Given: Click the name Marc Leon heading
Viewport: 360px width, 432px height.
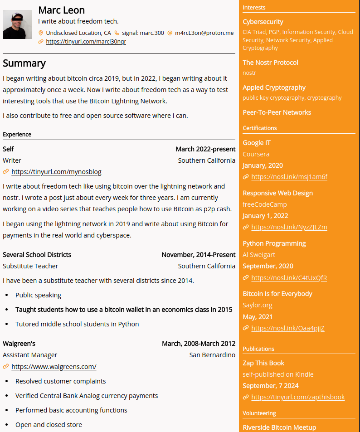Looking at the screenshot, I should pyautogui.click(x=61, y=10).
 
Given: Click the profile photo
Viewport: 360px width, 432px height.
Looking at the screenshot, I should pyautogui.click(x=17, y=24).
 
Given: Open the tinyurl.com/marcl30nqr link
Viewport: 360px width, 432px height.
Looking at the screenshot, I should pyautogui.click(x=86, y=41).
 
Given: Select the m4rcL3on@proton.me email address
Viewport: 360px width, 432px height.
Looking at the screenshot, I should pyautogui.click(x=204, y=33).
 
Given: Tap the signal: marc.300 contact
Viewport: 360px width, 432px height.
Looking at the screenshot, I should pyautogui.click(x=143, y=33).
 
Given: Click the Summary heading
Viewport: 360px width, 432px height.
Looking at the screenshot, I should pyautogui.click(x=24, y=63).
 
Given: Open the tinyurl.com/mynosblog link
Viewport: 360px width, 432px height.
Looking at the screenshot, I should pyautogui.click(x=56, y=172).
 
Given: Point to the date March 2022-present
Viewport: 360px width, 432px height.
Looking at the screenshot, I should pyautogui.click(x=205, y=149).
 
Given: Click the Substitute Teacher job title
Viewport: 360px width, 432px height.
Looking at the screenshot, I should pyautogui.click(x=30, y=266).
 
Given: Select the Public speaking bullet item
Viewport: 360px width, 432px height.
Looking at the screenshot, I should pyautogui.click(x=38, y=295).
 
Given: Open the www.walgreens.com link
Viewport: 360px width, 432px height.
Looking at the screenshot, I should pyautogui.click(x=54, y=367).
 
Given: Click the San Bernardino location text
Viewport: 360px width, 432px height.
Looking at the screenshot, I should pyautogui.click(x=212, y=355).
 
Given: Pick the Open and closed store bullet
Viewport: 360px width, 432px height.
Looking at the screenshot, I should pyautogui.click(x=49, y=425).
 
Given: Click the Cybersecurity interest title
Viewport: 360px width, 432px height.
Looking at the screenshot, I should pyautogui.click(x=263, y=22).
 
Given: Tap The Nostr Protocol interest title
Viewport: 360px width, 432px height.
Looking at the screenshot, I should pyautogui.click(x=270, y=63).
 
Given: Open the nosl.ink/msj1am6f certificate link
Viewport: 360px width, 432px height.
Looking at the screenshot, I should pyautogui.click(x=289, y=177).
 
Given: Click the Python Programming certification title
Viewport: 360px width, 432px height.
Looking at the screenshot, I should pyautogui.click(x=274, y=243).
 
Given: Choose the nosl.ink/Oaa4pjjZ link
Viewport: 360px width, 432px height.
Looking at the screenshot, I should pyautogui.click(x=287, y=328).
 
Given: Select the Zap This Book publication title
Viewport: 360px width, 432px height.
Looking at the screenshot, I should pyautogui.click(x=263, y=363).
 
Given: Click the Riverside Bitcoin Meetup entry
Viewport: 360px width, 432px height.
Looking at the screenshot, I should pyautogui.click(x=279, y=427).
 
